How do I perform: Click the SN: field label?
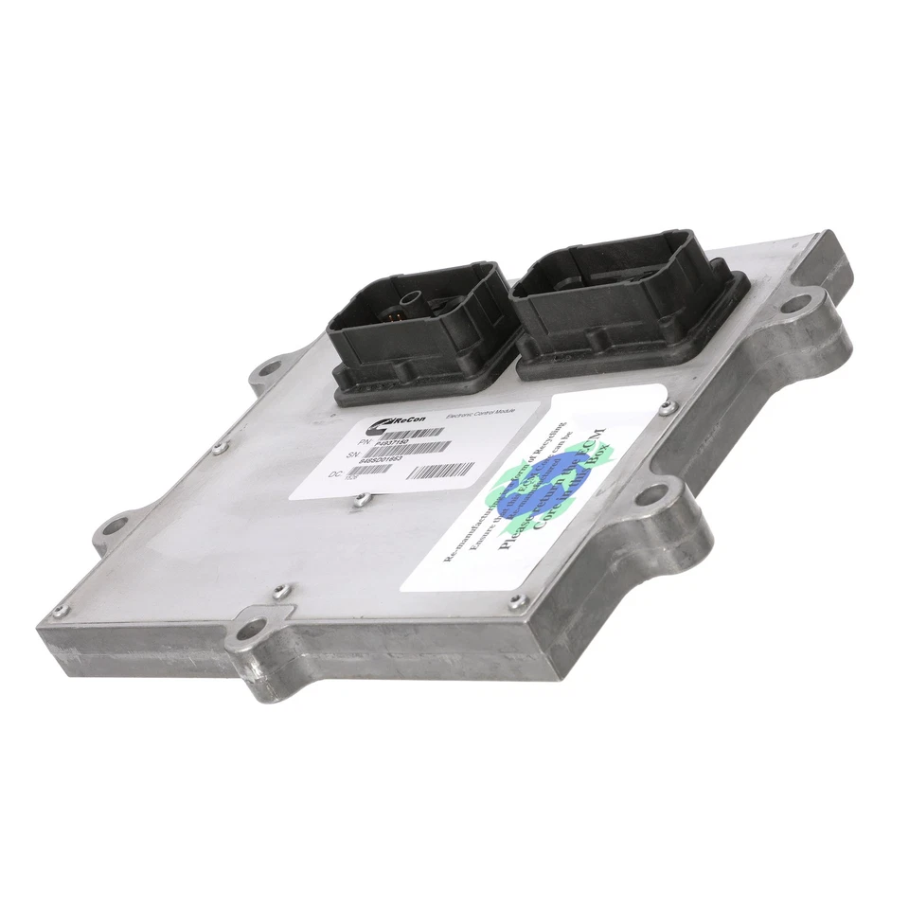(355, 454)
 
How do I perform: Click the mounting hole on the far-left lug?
(116, 524)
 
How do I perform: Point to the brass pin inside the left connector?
(404, 307)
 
